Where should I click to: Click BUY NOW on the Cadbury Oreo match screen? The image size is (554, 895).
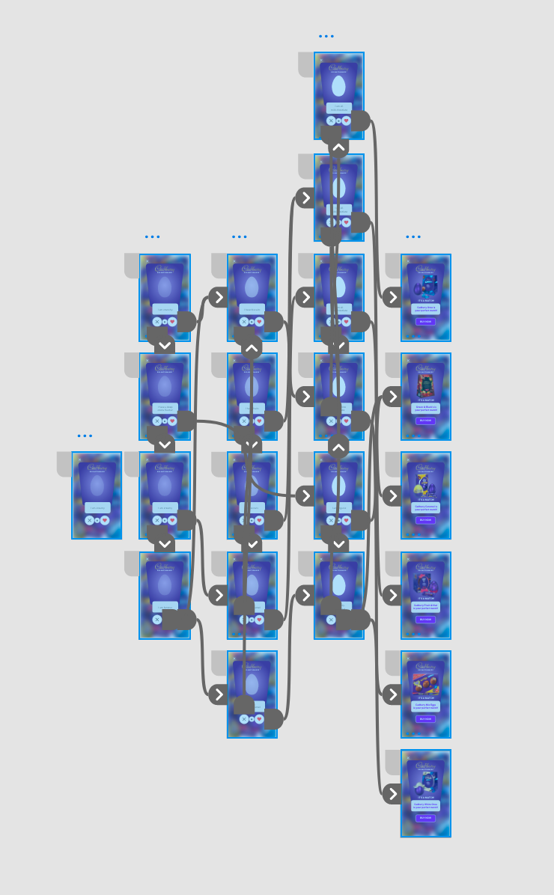point(425,321)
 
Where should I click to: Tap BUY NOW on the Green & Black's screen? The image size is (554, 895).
point(425,421)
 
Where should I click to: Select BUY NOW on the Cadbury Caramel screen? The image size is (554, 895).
point(425,519)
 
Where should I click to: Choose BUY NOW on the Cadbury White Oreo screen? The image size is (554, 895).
point(425,818)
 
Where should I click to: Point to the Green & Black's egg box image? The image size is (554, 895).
point(425,385)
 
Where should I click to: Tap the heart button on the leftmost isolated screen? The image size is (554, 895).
point(105,520)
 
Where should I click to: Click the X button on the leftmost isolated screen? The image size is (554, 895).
point(89,520)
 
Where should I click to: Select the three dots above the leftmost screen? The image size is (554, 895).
point(85,436)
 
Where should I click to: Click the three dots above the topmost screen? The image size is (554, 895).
point(326,36)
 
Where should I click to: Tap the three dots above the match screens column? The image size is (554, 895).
point(413,236)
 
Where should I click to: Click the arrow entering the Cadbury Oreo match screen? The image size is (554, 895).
point(392,297)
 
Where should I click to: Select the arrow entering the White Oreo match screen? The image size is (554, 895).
point(392,793)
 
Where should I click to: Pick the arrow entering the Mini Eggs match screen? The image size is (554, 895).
point(392,694)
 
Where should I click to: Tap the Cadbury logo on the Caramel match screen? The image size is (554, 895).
point(425,466)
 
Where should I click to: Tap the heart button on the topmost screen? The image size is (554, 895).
point(346,120)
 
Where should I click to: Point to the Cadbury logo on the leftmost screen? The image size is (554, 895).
point(97,467)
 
